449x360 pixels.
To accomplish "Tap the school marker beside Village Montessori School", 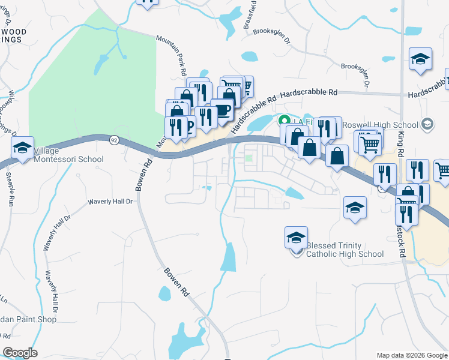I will click(x=23, y=148).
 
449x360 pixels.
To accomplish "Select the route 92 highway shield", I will click(x=113, y=140).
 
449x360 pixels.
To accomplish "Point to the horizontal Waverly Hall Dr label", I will click(x=111, y=202).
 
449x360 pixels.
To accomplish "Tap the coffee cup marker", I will click(x=223, y=110).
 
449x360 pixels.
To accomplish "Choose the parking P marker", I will click(x=188, y=125).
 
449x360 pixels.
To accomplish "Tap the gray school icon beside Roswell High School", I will click(x=427, y=125).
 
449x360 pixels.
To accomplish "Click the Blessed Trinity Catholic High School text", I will click(x=345, y=250).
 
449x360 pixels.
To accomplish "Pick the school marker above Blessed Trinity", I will click(x=296, y=238).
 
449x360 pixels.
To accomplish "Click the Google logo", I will click(x=20, y=353).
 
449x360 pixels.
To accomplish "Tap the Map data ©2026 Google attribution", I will click(x=411, y=355).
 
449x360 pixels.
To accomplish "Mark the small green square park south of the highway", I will click(x=249, y=158).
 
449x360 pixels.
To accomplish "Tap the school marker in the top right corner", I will click(x=421, y=59).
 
